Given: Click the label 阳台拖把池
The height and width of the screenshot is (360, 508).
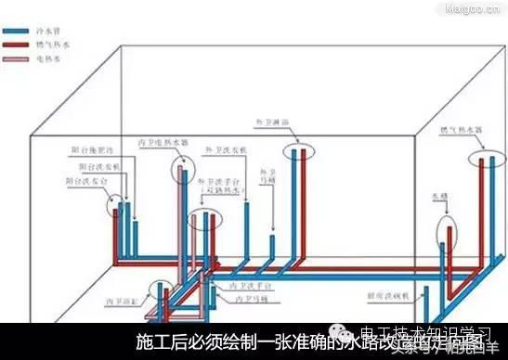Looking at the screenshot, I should coord(91,148).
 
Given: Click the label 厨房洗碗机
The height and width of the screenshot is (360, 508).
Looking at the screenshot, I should coord(384,295).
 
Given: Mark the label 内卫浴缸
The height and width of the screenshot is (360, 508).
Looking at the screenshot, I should coord(127,300).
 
